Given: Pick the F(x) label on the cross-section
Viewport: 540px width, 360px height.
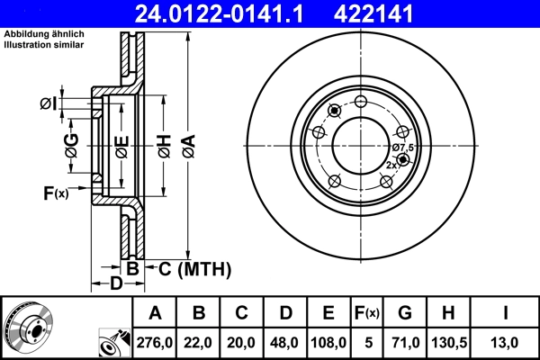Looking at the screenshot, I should pos(54,193).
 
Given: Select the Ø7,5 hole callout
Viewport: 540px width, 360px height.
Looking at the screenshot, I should pos(402,148).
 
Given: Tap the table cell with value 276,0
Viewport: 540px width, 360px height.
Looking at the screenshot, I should pos(156,342).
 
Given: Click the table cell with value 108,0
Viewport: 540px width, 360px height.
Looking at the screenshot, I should pos(328,342).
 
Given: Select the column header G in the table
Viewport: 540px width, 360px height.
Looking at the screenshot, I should pos(405,313).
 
